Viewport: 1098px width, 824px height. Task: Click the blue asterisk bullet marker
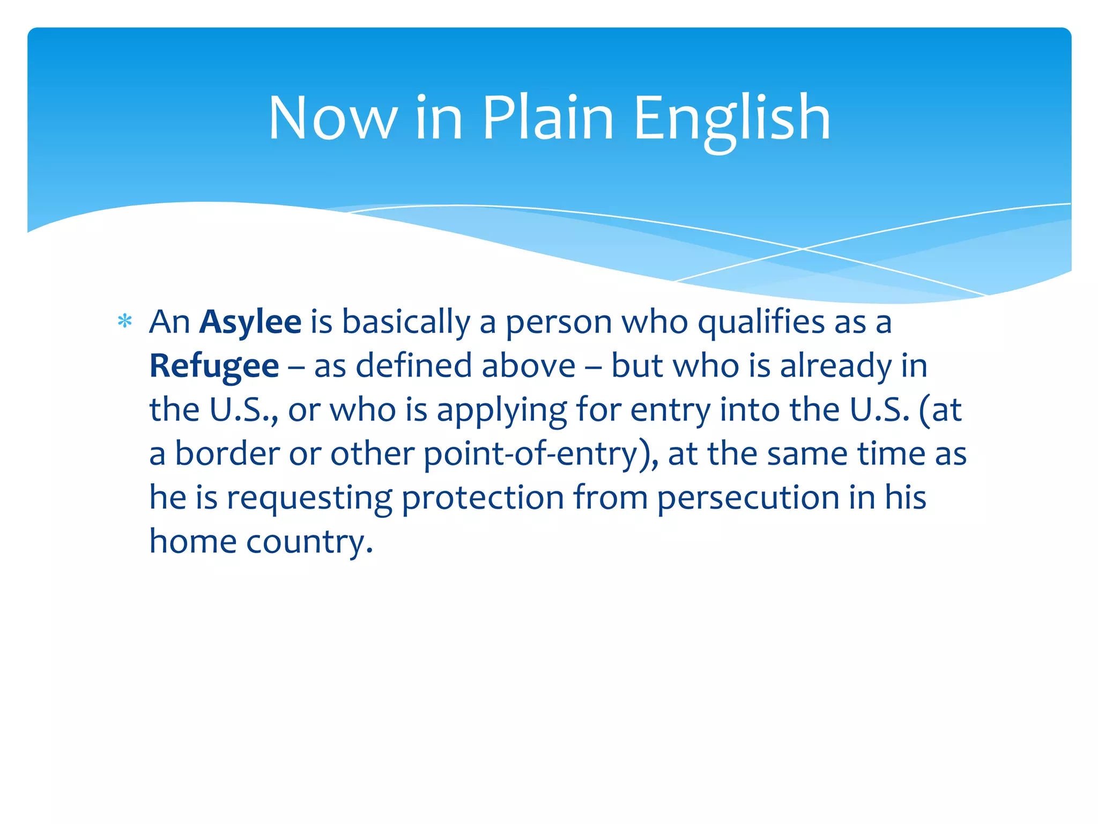[125, 322]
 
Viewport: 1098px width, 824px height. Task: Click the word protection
[483, 498]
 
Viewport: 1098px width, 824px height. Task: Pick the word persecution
[748, 498]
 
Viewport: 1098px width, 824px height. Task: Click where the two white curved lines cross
[803, 249]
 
